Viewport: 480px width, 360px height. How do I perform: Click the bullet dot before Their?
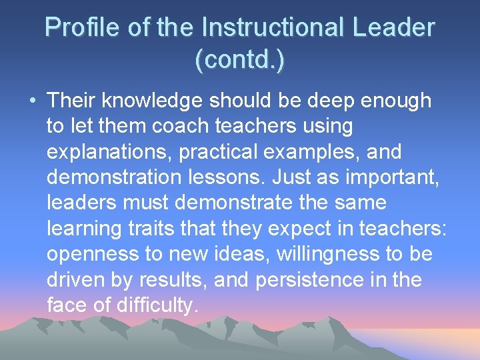(x=32, y=101)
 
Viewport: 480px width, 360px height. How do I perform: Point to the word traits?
(x=149, y=229)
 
